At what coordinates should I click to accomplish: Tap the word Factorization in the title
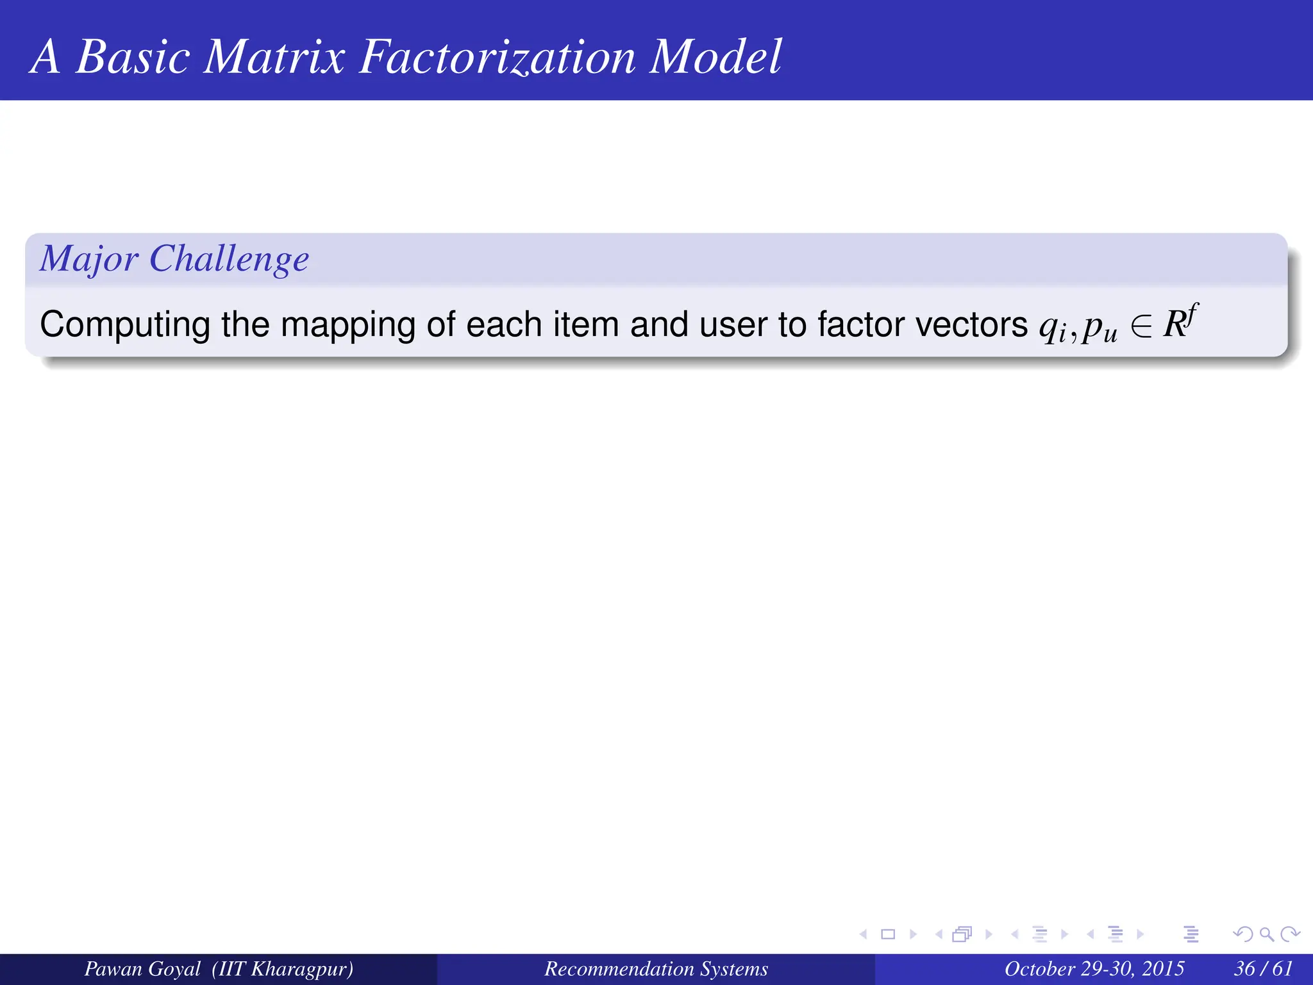tap(497, 58)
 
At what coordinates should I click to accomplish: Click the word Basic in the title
tap(133, 58)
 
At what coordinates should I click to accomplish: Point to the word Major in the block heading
tap(88, 259)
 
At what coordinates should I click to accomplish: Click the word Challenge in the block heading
tap(229, 259)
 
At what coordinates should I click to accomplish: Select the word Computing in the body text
tap(124, 324)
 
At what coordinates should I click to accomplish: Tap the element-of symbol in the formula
tap(1141, 325)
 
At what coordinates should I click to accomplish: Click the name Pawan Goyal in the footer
tap(142, 969)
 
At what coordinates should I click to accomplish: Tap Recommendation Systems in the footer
tap(656, 969)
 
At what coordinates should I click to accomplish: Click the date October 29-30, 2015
tap(1094, 969)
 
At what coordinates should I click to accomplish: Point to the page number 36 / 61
tap(1263, 969)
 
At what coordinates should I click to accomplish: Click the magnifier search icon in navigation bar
tap(1266, 934)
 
